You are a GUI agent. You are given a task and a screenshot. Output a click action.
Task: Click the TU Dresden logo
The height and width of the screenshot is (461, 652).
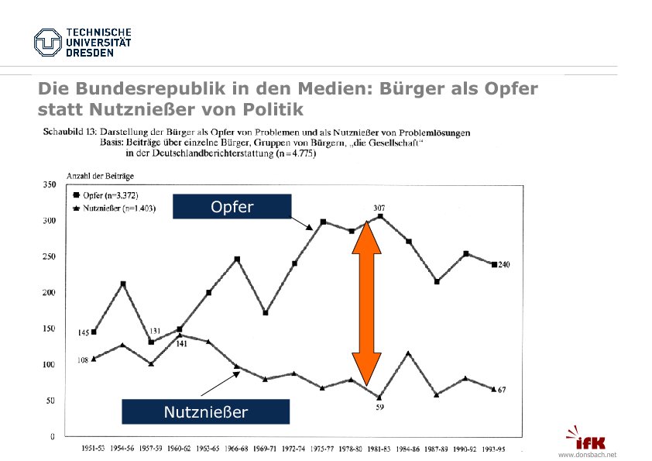pyautogui.click(x=82, y=42)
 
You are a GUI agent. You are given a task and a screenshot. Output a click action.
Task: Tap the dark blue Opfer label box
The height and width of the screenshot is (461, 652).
pyautogui.click(x=232, y=207)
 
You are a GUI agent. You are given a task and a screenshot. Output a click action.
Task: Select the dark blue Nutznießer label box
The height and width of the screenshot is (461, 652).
pyautogui.click(x=206, y=412)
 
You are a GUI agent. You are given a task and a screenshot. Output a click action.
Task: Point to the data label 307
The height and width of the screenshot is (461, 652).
pyautogui.click(x=379, y=208)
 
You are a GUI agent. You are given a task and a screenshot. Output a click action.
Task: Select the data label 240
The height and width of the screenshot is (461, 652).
pyautogui.click(x=503, y=265)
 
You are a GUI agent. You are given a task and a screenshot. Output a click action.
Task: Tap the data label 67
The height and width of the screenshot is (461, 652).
pyautogui.click(x=502, y=389)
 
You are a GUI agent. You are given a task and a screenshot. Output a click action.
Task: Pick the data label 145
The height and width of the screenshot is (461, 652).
pyautogui.click(x=84, y=332)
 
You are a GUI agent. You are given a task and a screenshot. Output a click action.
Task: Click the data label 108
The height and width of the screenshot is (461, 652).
pyautogui.click(x=83, y=360)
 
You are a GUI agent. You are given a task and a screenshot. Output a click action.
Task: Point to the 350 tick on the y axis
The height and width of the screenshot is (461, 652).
pyautogui.click(x=47, y=185)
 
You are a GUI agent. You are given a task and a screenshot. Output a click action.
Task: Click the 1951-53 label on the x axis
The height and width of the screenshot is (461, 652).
pyautogui.click(x=94, y=448)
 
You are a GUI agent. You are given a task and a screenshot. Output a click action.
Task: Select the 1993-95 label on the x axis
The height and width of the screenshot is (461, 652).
pyautogui.click(x=494, y=448)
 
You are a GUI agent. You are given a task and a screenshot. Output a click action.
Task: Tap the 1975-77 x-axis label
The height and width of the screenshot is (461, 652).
pyautogui.click(x=322, y=448)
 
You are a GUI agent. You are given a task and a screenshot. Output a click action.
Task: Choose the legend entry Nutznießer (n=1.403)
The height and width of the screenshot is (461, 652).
pyautogui.click(x=114, y=208)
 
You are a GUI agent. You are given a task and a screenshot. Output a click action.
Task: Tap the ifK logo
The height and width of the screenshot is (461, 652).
pyautogui.click(x=593, y=439)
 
